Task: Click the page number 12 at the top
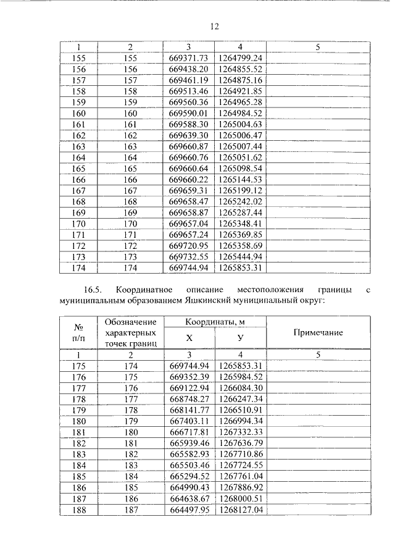(x=214, y=27)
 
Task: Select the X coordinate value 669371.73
(x=189, y=58)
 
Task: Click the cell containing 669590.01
(x=189, y=113)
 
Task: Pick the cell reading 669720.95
(x=189, y=246)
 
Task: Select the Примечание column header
(x=318, y=333)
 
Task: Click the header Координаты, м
(x=214, y=322)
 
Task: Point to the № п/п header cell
(x=78, y=333)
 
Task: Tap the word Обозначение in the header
(x=130, y=322)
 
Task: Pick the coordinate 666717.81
(x=189, y=432)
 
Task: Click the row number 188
(x=78, y=510)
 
